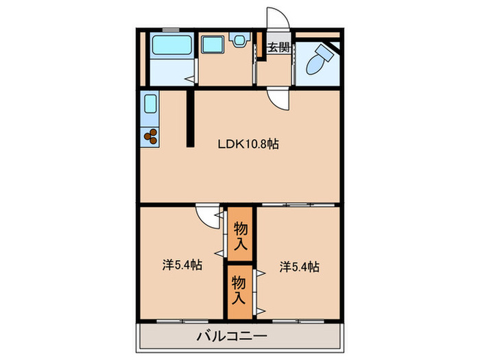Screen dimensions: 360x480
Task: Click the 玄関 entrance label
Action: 278,48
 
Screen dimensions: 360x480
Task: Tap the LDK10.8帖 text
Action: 248,144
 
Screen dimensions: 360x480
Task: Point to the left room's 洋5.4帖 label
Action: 182,265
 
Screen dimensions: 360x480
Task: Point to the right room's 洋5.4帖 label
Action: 300,266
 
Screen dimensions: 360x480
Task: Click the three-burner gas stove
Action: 151,136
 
